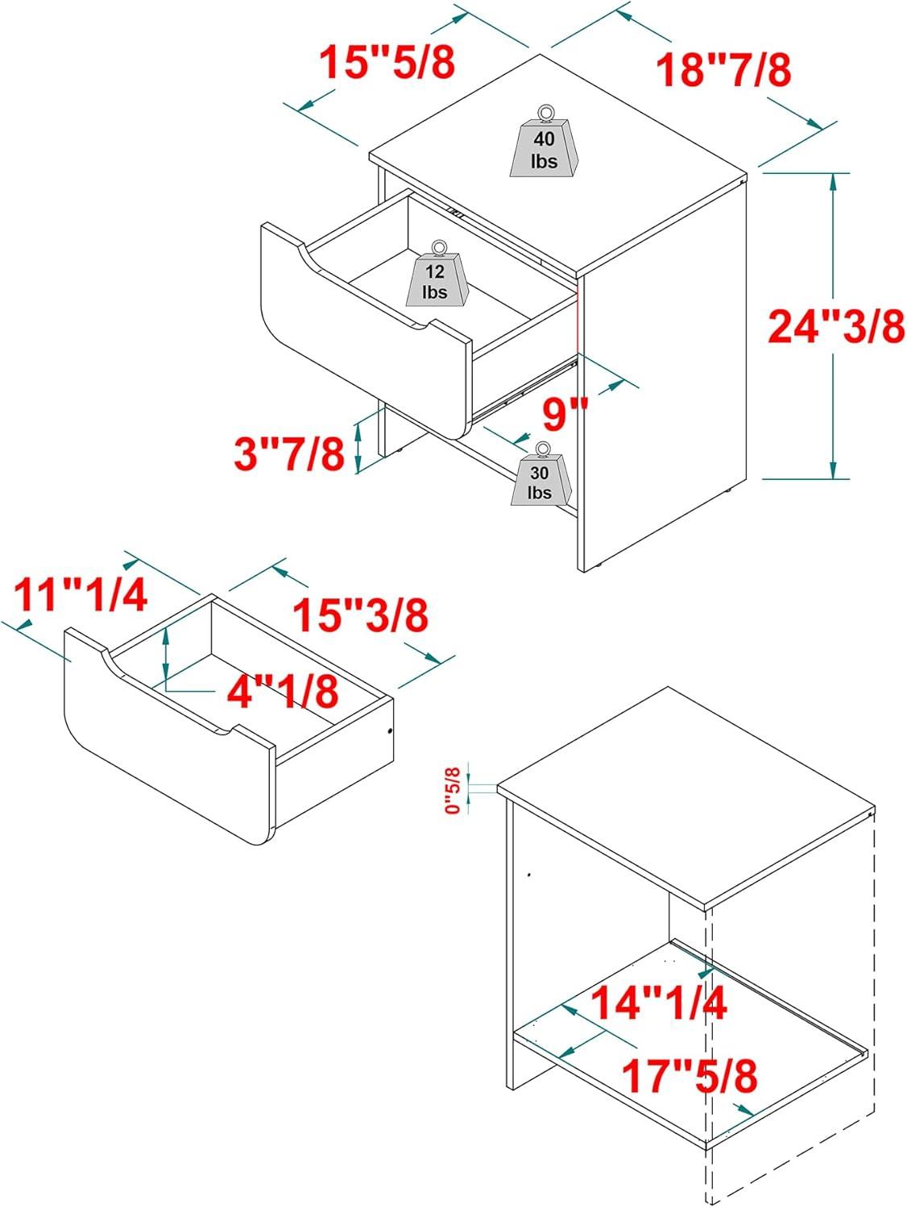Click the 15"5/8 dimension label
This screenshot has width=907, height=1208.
387,61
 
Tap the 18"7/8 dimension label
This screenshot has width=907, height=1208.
723,69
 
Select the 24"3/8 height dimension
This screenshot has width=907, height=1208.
836,326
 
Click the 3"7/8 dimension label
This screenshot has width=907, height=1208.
289,453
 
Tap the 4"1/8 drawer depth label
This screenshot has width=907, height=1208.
283,691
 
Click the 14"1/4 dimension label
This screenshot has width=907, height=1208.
659,1002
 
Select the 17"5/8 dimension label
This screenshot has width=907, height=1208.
690,1076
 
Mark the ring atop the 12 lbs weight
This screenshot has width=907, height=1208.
439,248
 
